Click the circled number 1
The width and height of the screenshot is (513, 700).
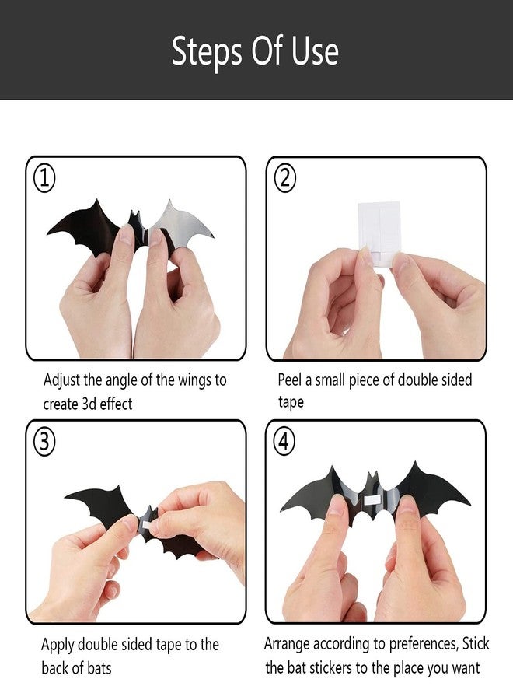point(44,179)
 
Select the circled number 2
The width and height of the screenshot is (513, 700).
point(284,179)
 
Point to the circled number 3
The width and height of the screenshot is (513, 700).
point(44,443)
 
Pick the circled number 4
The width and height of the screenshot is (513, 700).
point(284,442)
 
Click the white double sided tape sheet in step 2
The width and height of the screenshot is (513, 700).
point(379,232)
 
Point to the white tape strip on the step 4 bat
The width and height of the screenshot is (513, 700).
point(375,499)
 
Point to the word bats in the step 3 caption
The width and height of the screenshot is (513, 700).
point(99,668)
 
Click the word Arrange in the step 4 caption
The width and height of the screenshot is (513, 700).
point(287,645)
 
